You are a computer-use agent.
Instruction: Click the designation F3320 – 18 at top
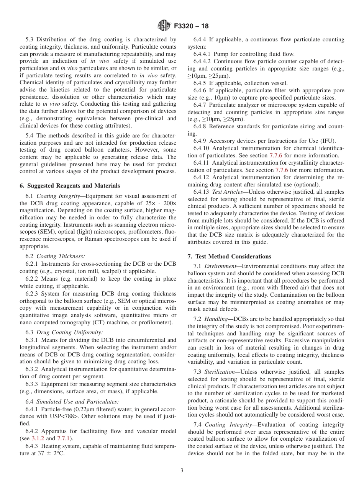[x=191, y=26]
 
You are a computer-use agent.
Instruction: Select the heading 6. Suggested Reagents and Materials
[x=70, y=186]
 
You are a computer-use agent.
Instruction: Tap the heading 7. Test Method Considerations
[x=229, y=257]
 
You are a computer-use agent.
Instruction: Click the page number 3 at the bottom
[x=182, y=471]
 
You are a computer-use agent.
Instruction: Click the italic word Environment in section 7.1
[x=220, y=266]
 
